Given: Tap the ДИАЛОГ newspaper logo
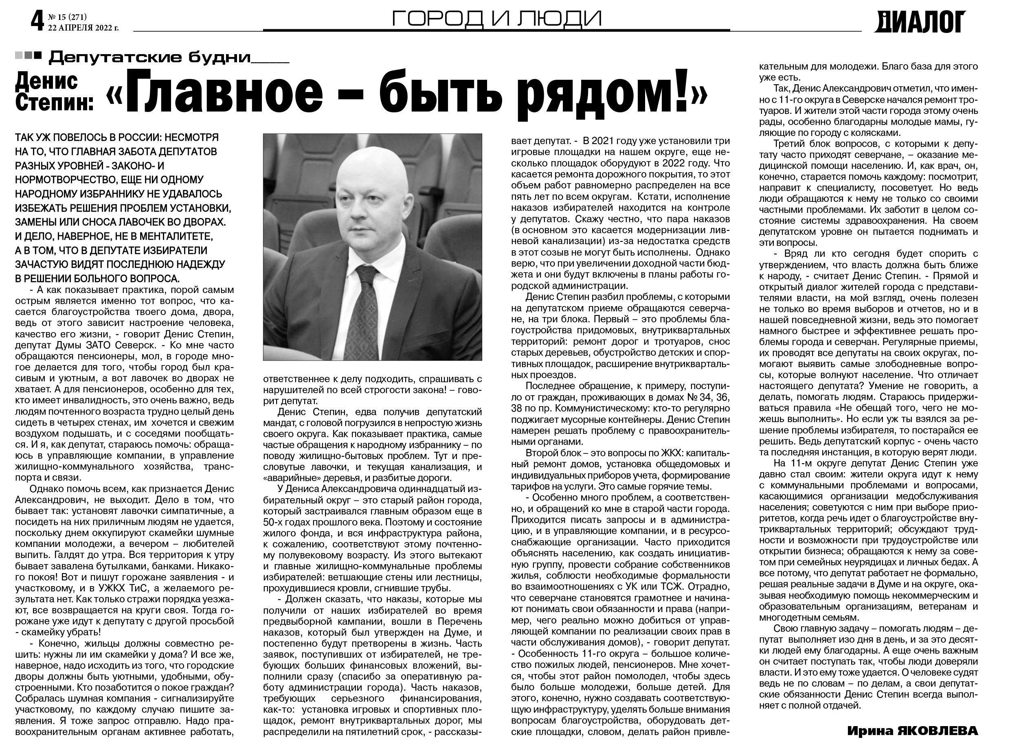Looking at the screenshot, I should [920, 22].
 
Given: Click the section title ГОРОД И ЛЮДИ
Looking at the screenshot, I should [496, 18].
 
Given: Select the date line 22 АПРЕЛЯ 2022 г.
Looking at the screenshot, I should [83, 27].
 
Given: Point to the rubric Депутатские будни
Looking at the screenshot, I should [149, 57].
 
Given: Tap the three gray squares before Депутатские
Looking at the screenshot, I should [28, 56].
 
